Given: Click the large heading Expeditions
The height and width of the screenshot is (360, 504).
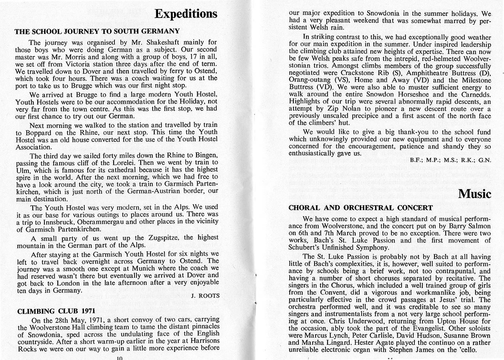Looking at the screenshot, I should click(186, 14).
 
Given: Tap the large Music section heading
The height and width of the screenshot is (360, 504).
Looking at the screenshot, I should click(474, 194).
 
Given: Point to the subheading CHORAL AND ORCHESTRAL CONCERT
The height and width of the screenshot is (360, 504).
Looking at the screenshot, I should click(360, 208).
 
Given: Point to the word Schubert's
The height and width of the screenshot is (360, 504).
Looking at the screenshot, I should click(310, 248).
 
